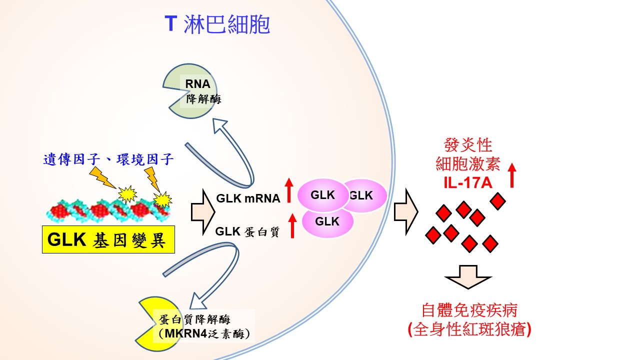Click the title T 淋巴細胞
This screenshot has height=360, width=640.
point(217,24)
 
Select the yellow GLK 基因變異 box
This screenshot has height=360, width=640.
point(108,240)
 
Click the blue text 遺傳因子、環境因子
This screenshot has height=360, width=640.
point(108,159)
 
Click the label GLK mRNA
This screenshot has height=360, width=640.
point(248,198)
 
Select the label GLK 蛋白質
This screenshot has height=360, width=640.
point(247,231)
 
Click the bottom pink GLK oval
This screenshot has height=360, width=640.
point(327,221)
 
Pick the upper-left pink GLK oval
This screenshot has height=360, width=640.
point(322,195)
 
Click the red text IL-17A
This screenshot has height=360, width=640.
point(467,182)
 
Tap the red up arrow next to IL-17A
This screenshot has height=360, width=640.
point(511,174)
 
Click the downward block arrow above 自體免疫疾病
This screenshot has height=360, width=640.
point(468,276)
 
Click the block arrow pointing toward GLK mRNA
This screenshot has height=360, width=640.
point(202,212)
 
